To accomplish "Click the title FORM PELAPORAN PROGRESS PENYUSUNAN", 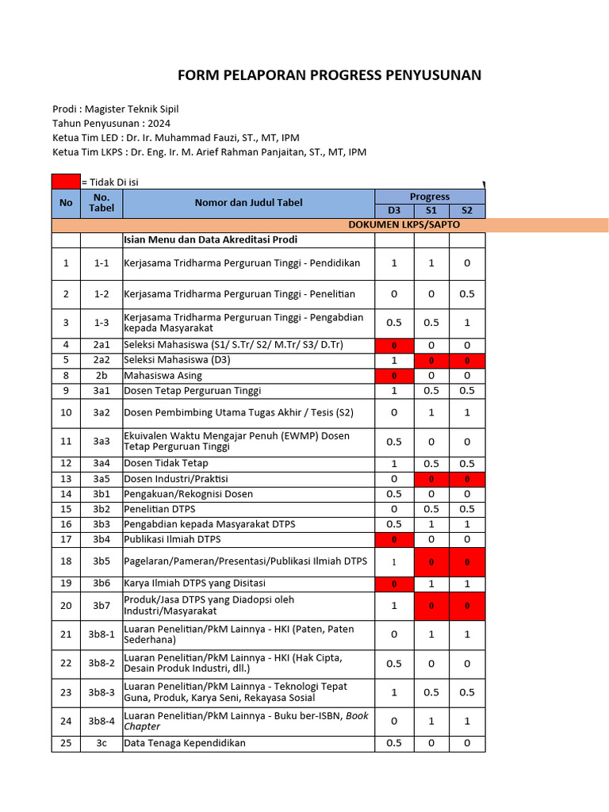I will point(329,75).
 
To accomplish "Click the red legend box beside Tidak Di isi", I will point(66,182).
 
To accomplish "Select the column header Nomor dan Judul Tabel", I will point(248,202).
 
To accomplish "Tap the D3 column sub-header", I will point(394,210).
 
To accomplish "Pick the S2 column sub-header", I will point(467,210).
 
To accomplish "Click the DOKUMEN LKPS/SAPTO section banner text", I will point(404,224).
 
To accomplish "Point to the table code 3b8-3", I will point(101,692).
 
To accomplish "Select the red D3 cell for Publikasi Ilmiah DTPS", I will point(394,539).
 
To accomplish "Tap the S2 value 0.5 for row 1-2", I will point(467,294).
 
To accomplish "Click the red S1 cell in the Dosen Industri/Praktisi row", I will point(431,479).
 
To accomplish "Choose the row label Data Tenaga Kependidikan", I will point(185,743).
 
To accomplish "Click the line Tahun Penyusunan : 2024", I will point(111,123).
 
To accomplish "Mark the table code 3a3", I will point(101,441).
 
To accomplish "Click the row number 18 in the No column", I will point(66,561).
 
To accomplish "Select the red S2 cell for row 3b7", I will point(467,606).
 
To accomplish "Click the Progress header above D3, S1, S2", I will point(430,196).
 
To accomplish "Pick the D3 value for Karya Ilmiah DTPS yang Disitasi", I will point(394,584).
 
